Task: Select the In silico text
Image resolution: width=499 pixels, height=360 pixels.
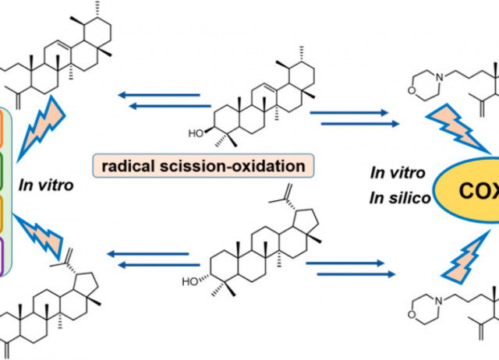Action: coord(380,197)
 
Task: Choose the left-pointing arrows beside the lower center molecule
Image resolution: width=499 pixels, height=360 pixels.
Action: coord(148,257)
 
